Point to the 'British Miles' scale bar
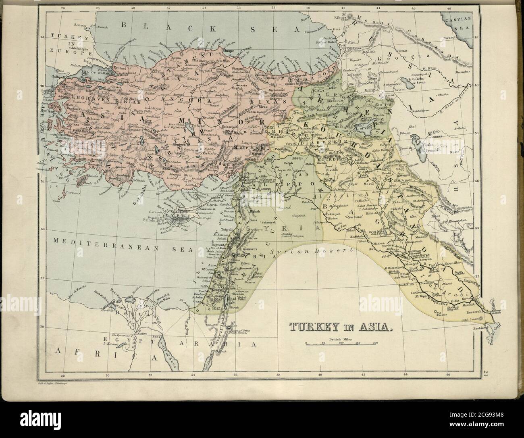341,343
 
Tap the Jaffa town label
204,284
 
